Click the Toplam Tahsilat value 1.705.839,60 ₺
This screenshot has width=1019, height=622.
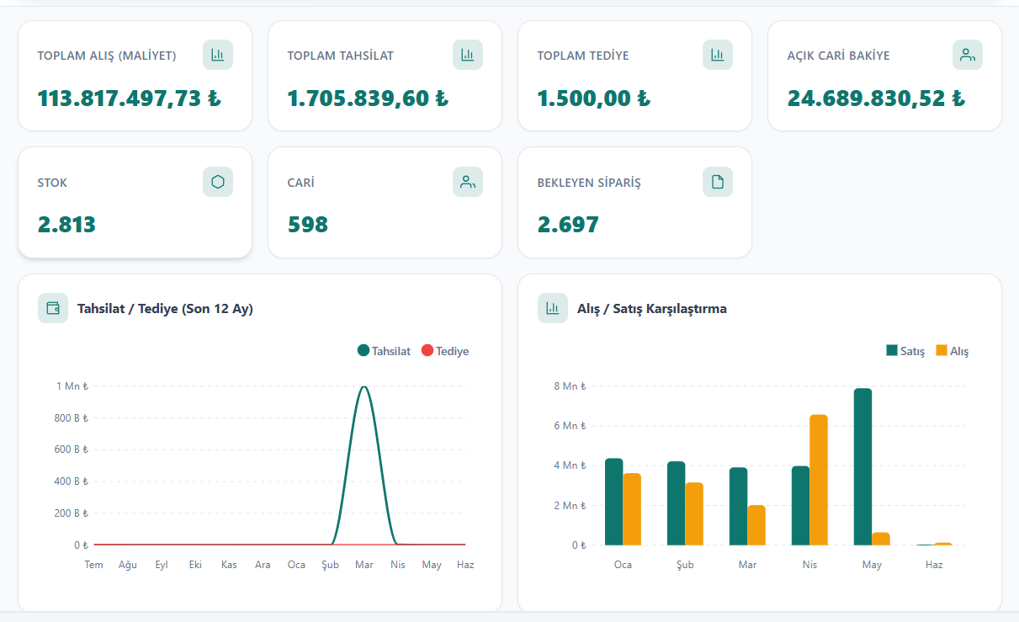tap(368, 98)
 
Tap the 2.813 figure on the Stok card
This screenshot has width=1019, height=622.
tap(66, 225)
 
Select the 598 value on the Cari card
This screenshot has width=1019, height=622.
tap(307, 225)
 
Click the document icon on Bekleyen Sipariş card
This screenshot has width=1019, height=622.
tap(718, 182)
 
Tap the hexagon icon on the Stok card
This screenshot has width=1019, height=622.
tap(218, 182)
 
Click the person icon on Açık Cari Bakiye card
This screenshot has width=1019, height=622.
tap(967, 55)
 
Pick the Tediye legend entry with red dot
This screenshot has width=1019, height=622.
tap(445, 351)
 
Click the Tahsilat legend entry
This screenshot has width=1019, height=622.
tap(384, 351)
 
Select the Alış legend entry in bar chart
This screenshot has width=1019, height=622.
tap(953, 351)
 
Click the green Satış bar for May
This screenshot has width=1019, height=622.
tap(863, 466)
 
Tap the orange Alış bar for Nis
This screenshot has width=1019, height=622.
tap(819, 480)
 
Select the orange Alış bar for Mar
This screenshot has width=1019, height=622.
tap(756, 525)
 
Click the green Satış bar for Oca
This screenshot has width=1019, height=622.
tap(613, 502)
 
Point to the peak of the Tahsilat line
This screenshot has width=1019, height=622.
tap(364, 387)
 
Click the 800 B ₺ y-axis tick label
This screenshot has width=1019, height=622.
tap(71, 417)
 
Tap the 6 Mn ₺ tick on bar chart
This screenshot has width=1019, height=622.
tap(570, 425)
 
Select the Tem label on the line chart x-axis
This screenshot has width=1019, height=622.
tap(93, 565)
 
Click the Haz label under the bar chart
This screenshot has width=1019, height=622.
tap(934, 565)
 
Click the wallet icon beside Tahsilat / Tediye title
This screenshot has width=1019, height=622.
tap(53, 308)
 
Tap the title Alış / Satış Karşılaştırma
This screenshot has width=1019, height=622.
tap(652, 309)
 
